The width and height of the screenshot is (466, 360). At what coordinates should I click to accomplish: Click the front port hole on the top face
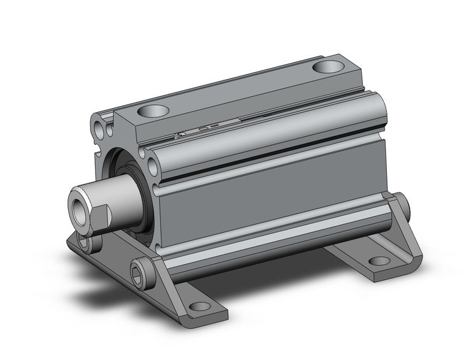[153, 112]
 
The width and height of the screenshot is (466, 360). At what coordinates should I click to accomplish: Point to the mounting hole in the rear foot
[380, 261]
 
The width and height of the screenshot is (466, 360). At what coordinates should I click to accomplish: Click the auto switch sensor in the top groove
[199, 130]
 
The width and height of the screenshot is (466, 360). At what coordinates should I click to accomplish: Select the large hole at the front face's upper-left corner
[99, 127]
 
